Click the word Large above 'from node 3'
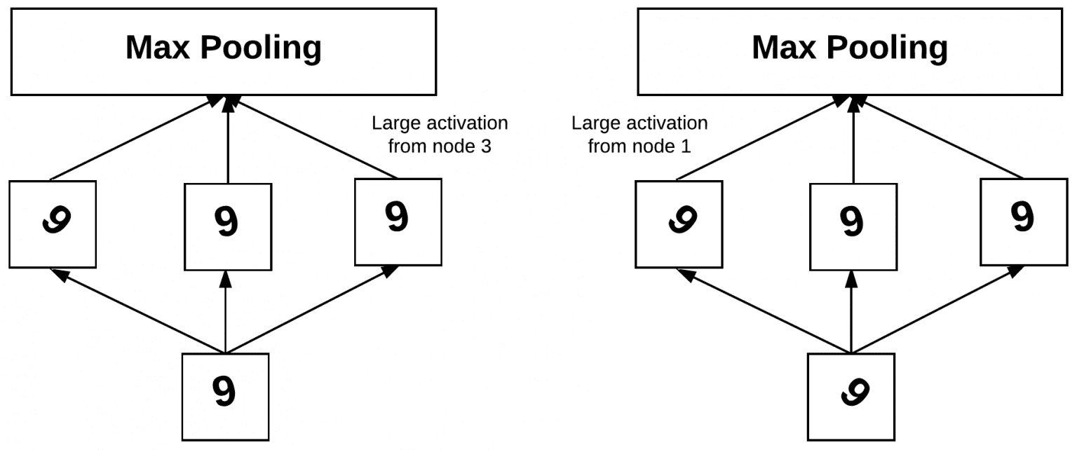[395, 124]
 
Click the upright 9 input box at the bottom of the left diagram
[225, 397]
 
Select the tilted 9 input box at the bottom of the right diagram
[851, 397]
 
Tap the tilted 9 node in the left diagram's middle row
[53, 224]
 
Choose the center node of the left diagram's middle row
[227, 226]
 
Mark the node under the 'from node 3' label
[398, 221]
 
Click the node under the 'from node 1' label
[678, 224]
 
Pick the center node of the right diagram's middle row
[853, 226]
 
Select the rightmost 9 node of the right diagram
[1023, 221]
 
